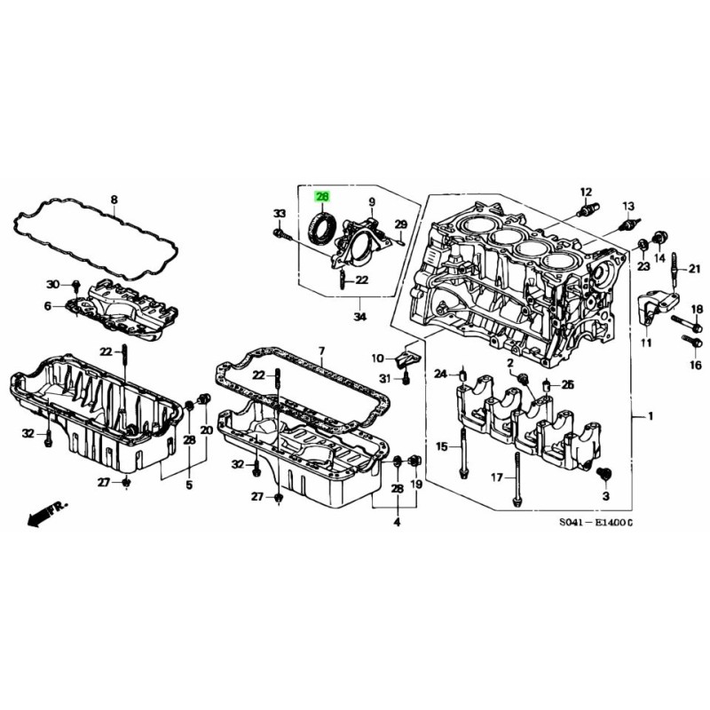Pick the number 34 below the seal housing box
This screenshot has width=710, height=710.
pyautogui.click(x=359, y=316)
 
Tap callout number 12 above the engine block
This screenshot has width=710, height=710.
pyautogui.click(x=585, y=192)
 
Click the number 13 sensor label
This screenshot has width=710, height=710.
pyautogui.click(x=628, y=205)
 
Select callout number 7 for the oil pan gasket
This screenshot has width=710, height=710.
pyautogui.click(x=322, y=351)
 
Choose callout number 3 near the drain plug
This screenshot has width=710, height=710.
pyautogui.click(x=606, y=493)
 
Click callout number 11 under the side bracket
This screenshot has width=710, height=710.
pyautogui.click(x=646, y=343)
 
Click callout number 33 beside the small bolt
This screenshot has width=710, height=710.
pyautogui.click(x=279, y=214)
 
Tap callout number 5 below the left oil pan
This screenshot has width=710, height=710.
pyautogui.click(x=188, y=485)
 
